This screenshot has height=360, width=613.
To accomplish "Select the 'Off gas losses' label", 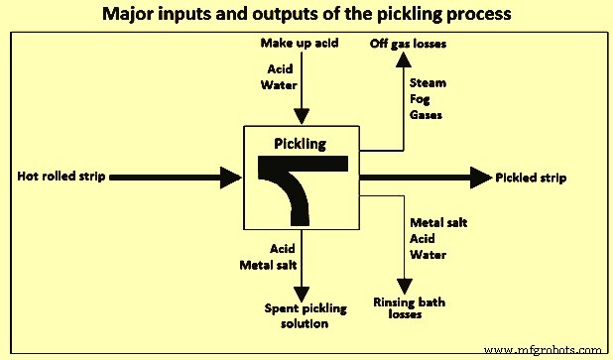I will pos(407,44).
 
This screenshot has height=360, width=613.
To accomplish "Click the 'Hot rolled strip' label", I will pos(61,178).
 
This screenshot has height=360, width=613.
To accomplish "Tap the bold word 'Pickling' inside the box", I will pos(302,144).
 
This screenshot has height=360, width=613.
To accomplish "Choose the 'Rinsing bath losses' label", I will pos(407,307).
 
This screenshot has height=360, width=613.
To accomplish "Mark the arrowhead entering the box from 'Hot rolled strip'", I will pos(233,178).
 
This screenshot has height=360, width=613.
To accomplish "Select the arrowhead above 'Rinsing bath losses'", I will pos(404,285).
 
